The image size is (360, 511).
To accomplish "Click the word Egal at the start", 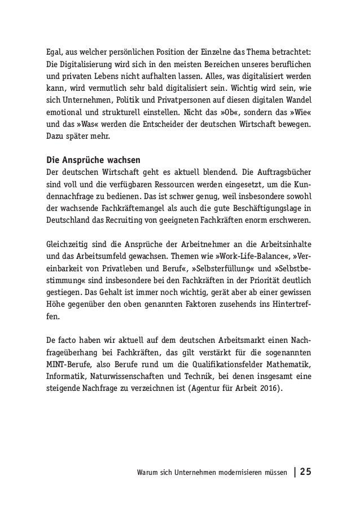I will click(54, 53).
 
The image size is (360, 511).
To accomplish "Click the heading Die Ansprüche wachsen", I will click(91, 157).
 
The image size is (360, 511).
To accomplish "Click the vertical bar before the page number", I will click(294, 470).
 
